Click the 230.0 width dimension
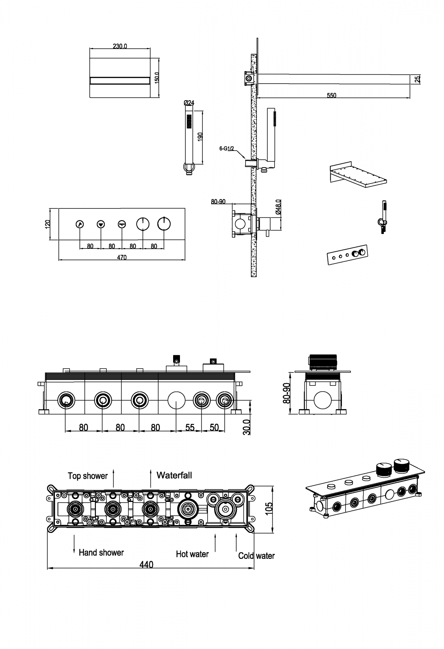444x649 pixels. click(x=120, y=46)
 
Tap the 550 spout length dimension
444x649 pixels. click(x=331, y=96)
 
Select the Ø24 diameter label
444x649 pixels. click(x=189, y=103)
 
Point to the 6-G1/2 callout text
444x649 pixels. click(x=227, y=148)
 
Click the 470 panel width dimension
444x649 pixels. click(x=122, y=257)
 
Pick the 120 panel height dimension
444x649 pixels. click(x=47, y=224)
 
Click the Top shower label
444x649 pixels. click(x=88, y=476)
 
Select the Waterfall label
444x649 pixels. click(x=174, y=475)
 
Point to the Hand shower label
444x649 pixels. click(x=101, y=552)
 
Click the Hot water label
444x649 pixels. click(x=192, y=554)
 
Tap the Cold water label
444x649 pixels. click(x=256, y=556)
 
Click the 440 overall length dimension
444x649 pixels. click(x=146, y=565)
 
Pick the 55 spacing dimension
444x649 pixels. click(x=190, y=428)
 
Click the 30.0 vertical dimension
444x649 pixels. click(x=247, y=427)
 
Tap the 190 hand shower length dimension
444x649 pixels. click(x=201, y=137)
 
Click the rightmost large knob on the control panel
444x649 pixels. click(x=164, y=224)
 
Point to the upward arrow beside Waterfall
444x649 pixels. click(x=151, y=478)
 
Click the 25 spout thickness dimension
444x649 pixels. click(x=418, y=79)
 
